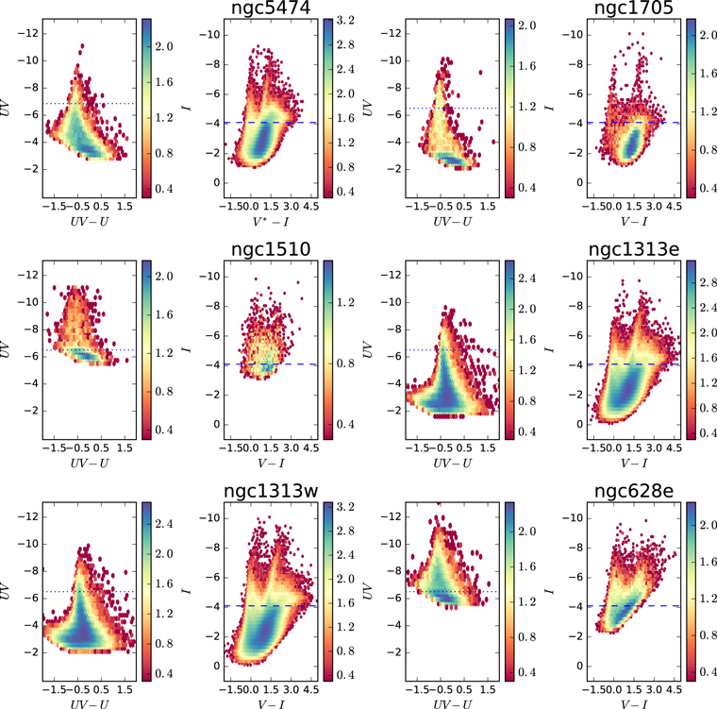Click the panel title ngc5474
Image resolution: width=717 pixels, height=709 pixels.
(271, 8)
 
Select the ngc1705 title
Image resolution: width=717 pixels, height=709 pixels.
(633, 8)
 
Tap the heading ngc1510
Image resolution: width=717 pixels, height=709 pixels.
(271, 249)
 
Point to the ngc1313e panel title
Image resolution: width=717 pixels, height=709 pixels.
(634, 249)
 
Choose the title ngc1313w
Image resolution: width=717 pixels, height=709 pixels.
(271, 491)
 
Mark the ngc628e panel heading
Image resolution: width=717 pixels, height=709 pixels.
(634, 491)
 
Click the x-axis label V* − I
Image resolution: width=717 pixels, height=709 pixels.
(271, 222)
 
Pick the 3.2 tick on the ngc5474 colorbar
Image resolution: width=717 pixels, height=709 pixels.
(345, 21)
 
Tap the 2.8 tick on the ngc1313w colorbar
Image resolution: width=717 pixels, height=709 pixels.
(345, 531)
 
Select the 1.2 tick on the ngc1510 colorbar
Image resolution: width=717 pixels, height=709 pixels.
(345, 302)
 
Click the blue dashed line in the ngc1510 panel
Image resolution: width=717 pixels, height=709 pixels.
(271, 364)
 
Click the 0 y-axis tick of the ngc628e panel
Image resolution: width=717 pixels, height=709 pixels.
(580, 666)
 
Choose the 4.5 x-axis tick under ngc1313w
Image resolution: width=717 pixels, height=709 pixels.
(311, 690)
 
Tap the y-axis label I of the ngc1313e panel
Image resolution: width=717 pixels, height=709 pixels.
(549, 348)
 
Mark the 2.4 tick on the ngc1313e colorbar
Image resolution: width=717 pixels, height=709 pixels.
(709, 307)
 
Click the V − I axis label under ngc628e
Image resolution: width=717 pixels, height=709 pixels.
(634, 704)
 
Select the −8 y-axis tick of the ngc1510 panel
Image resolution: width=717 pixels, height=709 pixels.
(211, 306)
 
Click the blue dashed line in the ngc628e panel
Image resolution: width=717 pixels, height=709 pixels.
(634, 606)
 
